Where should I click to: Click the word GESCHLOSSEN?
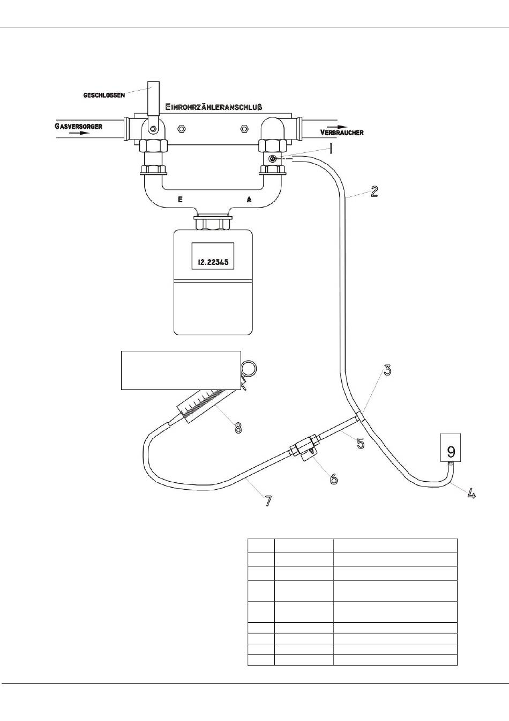[x=104, y=95]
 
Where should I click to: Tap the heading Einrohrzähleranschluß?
[x=214, y=107]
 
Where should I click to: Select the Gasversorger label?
[x=78, y=126]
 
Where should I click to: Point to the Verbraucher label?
[x=342, y=133]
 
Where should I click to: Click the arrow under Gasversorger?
[x=81, y=133]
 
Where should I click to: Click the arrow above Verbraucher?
[x=338, y=127]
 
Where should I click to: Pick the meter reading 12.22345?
[x=213, y=262]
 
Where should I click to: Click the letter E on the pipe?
[x=181, y=200]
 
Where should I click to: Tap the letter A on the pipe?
[x=249, y=200]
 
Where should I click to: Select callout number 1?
[x=331, y=149]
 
